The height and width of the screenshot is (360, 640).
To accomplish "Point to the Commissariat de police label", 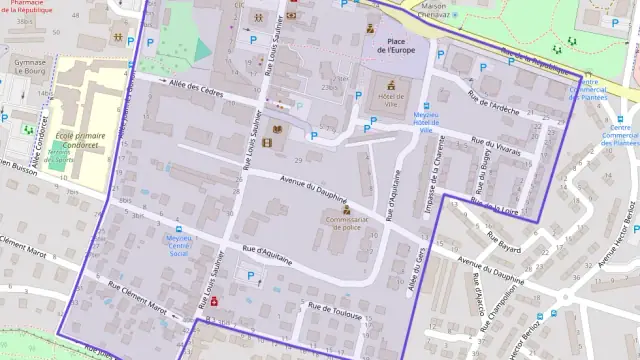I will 345,223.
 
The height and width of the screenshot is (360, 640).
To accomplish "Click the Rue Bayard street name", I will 505,240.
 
